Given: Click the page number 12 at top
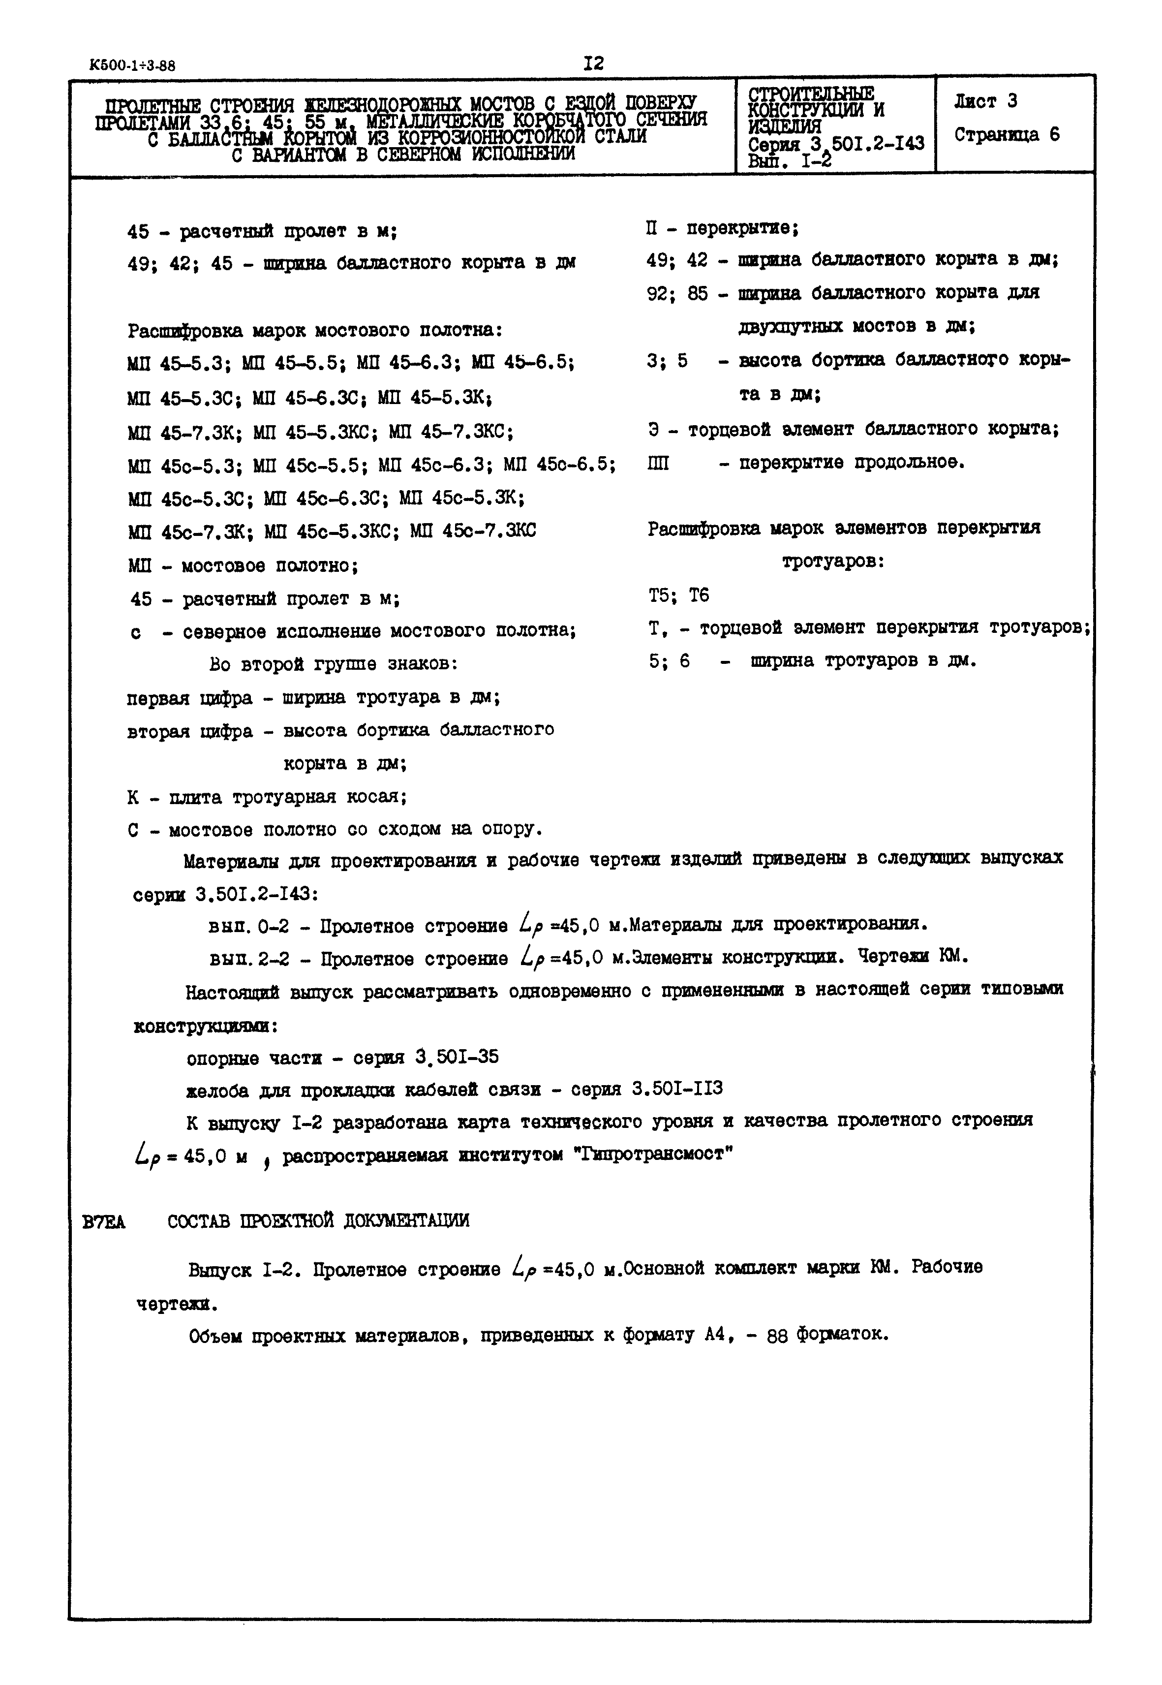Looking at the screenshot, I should coord(593,63).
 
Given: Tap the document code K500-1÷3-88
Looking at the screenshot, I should coord(132,65).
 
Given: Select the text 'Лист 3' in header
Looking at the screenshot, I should coord(985,102).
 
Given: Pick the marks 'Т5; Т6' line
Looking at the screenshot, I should coord(678,595).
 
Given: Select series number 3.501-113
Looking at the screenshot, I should coord(677,1090).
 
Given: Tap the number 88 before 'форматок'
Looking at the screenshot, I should coord(778,1336).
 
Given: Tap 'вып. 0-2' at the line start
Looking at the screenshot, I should coord(248,927).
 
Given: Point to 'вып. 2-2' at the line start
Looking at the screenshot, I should coord(248,960).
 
